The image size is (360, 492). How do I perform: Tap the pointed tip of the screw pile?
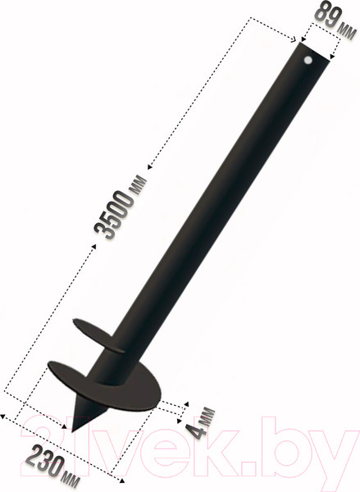[x=75, y=430]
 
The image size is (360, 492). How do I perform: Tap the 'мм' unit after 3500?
[x=140, y=177]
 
